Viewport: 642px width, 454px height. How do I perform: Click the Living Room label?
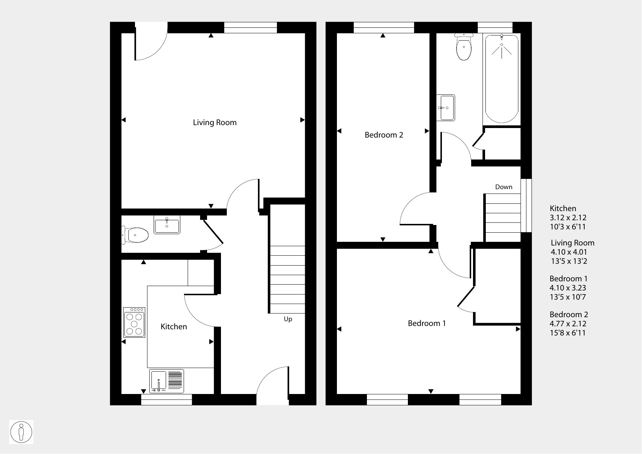[x=215, y=123]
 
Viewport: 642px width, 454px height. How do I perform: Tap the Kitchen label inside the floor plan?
[x=174, y=326]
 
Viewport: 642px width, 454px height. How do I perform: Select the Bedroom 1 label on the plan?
[x=427, y=323]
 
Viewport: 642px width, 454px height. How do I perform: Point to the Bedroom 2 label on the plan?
[x=384, y=135]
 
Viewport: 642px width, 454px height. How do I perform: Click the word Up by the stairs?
[x=288, y=319]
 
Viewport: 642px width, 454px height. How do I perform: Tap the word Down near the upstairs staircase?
[x=504, y=187]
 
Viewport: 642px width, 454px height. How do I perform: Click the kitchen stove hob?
[x=134, y=322]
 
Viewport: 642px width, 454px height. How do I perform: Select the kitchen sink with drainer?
[x=166, y=381]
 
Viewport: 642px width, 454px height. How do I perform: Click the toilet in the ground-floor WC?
[x=135, y=234]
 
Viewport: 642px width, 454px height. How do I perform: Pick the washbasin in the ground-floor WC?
[x=167, y=225]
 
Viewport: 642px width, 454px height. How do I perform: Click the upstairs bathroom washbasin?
[x=446, y=108]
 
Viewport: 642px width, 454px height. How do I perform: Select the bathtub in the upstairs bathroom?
[x=502, y=79]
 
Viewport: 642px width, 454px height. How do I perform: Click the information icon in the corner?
[x=21, y=432]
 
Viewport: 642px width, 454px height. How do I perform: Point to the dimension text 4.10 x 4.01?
[x=569, y=252]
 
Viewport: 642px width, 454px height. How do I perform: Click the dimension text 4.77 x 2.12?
[x=568, y=324]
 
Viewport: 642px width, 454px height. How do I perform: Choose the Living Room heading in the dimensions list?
[x=572, y=243]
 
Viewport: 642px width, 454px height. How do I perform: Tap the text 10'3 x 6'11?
[x=568, y=227]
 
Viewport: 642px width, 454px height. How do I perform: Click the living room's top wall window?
[x=251, y=28]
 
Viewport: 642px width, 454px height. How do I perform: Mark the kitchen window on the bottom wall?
[x=166, y=399]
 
